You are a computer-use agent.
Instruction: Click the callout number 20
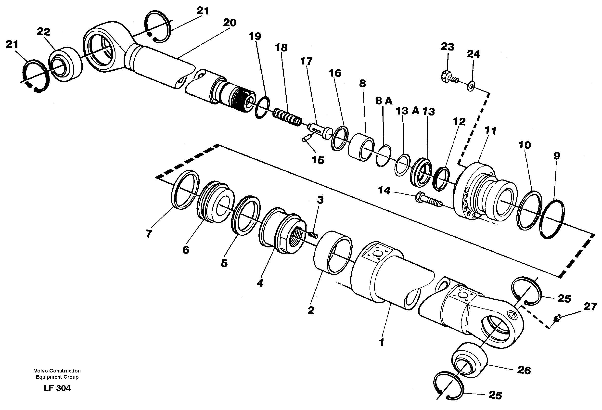[230, 23]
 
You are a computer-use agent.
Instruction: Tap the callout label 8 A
[384, 101]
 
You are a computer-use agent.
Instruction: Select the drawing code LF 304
[57, 388]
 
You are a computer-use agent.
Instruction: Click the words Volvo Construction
[57, 371]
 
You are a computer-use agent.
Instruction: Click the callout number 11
[490, 130]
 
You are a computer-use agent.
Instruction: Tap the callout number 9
[556, 156]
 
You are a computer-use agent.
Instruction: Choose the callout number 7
[148, 234]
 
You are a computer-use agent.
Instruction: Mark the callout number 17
[306, 61]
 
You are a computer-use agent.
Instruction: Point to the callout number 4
[260, 283]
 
